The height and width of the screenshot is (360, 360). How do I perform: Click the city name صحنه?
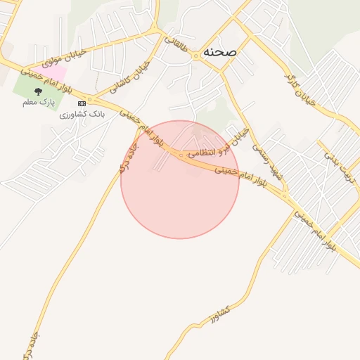[x=219, y=53]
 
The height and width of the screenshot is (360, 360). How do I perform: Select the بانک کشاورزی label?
[x=82, y=113]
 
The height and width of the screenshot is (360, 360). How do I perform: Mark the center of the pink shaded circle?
[x=180, y=179]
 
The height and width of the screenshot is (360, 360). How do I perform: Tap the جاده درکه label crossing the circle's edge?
[x=128, y=159]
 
